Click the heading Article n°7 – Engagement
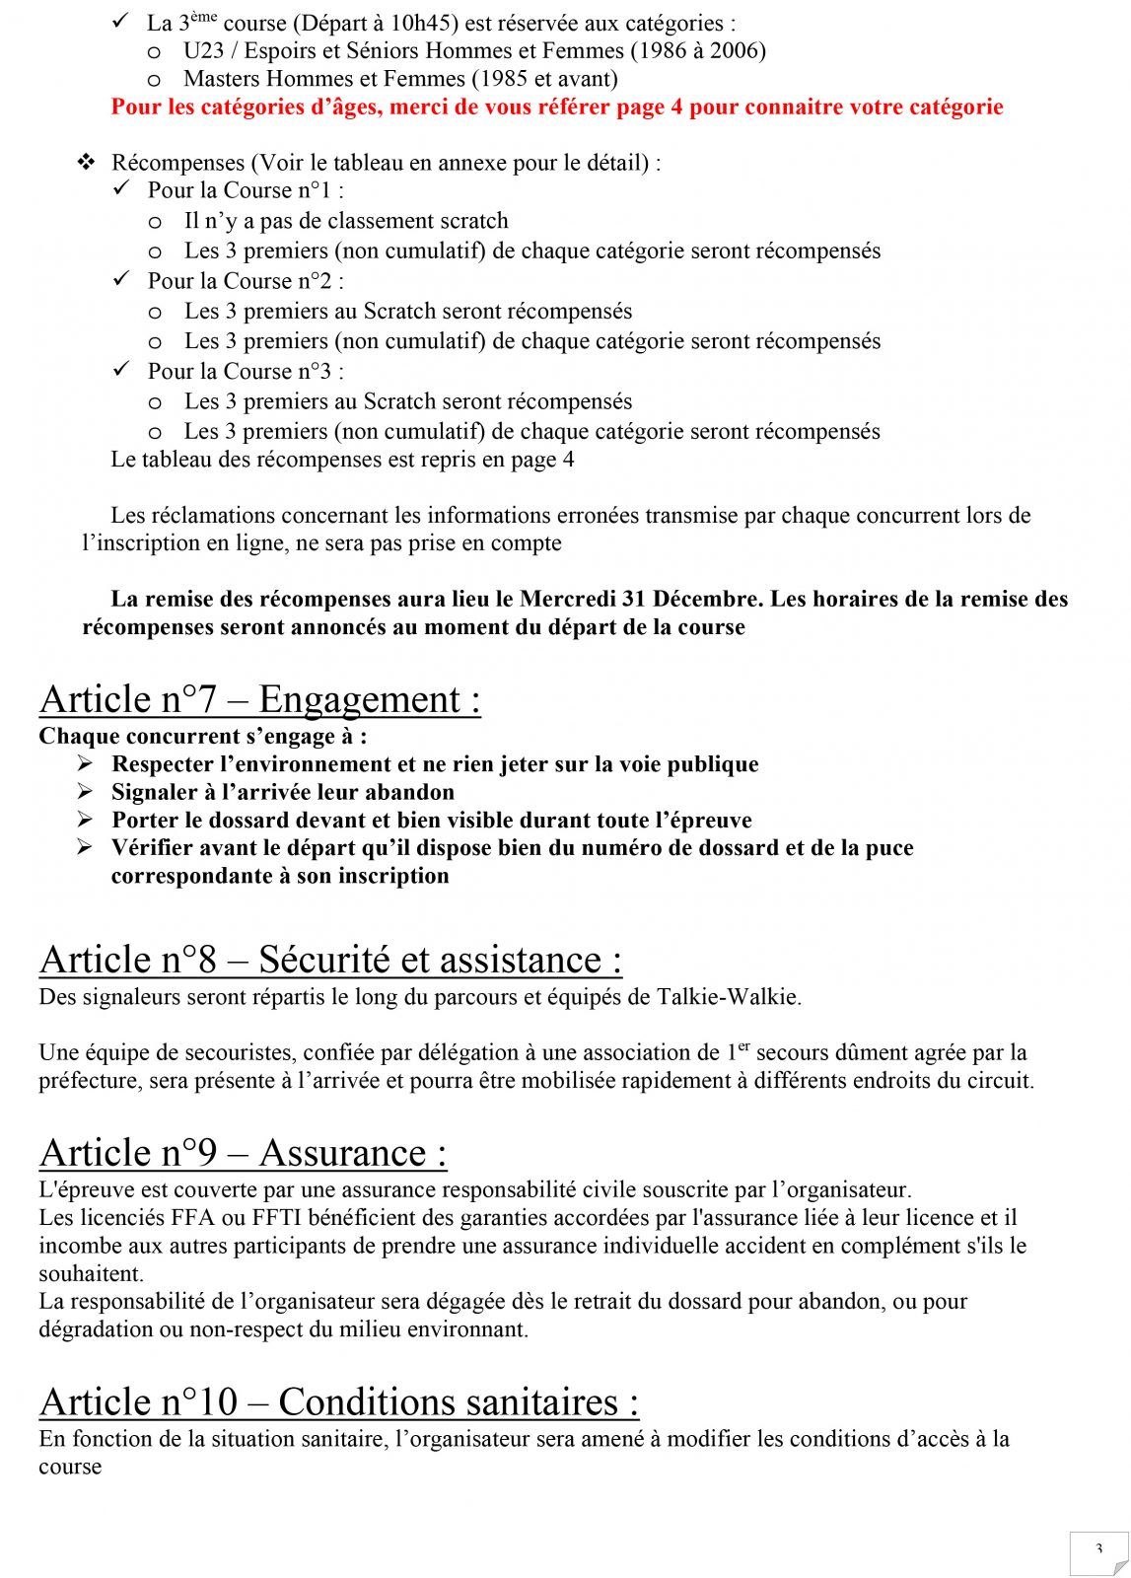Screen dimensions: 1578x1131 click(x=260, y=699)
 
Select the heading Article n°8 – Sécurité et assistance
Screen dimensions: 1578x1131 click(x=330, y=960)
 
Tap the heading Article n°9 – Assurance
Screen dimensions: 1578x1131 click(x=243, y=1153)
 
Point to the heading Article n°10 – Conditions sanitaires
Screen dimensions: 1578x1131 click(x=339, y=1401)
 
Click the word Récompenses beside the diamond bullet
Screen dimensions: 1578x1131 click(x=177, y=163)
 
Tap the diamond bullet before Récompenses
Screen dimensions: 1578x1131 click(x=87, y=162)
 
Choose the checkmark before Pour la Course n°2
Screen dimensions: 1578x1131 click(x=121, y=280)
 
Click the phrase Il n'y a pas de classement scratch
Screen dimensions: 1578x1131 click(x=346, y=221)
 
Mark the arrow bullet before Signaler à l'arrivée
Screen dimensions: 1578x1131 click(x=87, y=792)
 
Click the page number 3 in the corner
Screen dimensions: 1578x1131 click(x=1098, y=1549)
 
